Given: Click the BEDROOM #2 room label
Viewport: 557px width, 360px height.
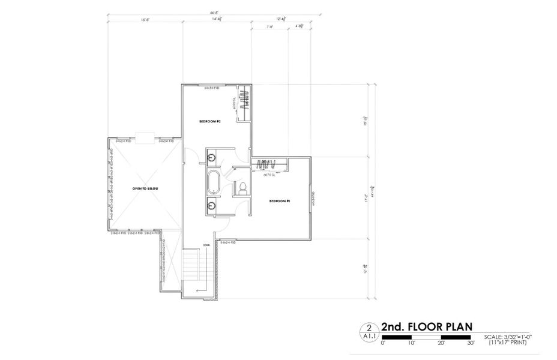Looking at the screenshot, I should coord(211,122).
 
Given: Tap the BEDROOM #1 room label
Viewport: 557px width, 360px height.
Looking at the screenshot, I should coord(279,201).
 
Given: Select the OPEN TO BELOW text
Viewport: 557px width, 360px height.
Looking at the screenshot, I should coord(145,188).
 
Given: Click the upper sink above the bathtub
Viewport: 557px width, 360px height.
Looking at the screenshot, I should coord(212,158).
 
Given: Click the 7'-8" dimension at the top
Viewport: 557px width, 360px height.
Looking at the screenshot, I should coord(269,27).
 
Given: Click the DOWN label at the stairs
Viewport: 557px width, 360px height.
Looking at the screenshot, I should coord(205,245).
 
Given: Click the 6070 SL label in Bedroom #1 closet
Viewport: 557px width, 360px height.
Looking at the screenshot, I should coord(269,175).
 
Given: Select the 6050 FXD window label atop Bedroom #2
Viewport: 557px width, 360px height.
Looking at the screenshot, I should coord(211,88).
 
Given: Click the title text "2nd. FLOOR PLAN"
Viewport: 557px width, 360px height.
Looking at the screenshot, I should coord(423,327).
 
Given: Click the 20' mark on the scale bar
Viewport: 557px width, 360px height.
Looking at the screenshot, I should coord(441,344).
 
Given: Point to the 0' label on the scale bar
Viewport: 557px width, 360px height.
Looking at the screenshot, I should coord(382,344).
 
